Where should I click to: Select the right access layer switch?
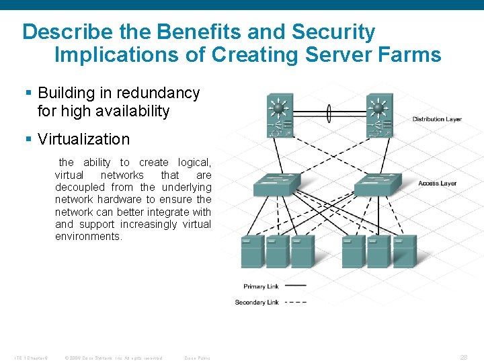(377, 184)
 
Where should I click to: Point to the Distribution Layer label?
(438, 119)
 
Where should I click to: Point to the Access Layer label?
(438, 183)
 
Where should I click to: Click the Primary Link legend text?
(261, 286)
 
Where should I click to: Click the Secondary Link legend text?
(257, 302)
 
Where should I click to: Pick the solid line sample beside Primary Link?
(296, 286)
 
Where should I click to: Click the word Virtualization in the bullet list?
(83, 139)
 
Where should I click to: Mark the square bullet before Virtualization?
(28, 139)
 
